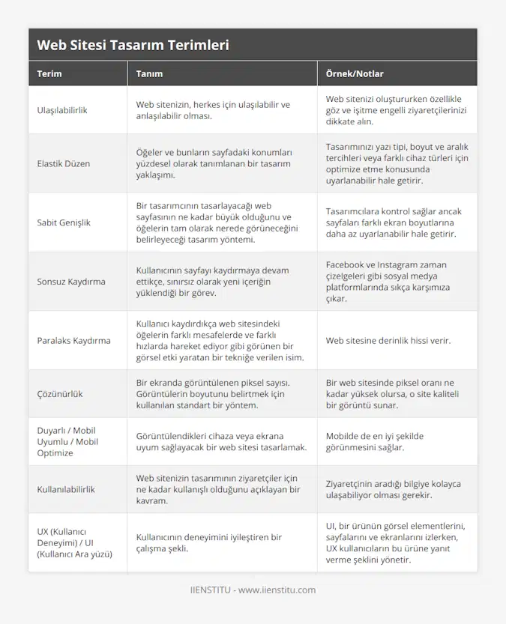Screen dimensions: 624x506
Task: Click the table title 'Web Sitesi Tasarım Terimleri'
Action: point(133,45)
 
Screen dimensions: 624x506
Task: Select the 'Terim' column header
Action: point(49,74)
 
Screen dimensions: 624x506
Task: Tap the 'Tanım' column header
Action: point(149,74)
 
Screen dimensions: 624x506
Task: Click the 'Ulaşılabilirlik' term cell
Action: point(62,110)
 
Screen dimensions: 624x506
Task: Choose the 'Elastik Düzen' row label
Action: point(63,163)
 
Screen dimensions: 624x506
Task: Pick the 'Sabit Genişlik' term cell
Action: point(64,222)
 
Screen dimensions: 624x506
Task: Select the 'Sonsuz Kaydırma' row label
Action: point(70,282)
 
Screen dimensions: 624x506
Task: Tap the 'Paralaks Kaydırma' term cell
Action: point(73,340)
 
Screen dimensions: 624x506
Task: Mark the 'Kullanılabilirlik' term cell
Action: point(66,489)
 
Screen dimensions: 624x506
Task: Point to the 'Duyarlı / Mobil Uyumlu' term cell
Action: point(67,441)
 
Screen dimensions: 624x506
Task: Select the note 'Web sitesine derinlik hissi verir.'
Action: point(388,340)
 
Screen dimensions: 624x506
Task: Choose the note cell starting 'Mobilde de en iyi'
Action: point(376,441)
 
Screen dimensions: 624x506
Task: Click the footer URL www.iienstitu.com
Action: point(277,590)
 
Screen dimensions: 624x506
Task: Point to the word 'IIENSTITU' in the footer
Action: point(213,590)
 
